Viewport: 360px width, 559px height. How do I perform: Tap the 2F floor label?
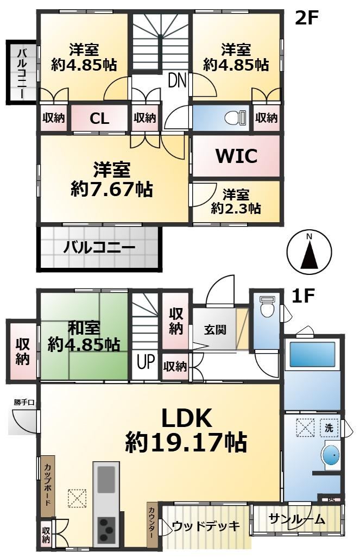[306, 18]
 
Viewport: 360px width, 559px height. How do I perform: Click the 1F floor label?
[302, 296]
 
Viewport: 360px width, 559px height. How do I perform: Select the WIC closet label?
[237, 155]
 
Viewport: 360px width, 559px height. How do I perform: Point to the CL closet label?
[99, 118]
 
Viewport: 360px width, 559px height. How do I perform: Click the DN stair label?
[177, 80]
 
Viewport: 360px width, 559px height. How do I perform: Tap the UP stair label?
[146, 361]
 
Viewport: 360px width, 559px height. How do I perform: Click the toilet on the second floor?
[236, 117]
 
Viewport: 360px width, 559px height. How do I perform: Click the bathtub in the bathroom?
[313, 354]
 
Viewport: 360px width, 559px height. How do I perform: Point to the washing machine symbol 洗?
[329, 427]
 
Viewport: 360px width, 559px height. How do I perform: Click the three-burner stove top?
[106, 530]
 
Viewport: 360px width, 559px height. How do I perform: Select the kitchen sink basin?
[106, 480]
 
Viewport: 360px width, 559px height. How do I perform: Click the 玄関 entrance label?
[215, 329]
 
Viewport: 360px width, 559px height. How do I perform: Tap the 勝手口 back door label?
[24, 403]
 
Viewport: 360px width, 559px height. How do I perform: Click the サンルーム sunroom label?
[297, 519]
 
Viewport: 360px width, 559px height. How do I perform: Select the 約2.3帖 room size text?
[236, 208]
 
